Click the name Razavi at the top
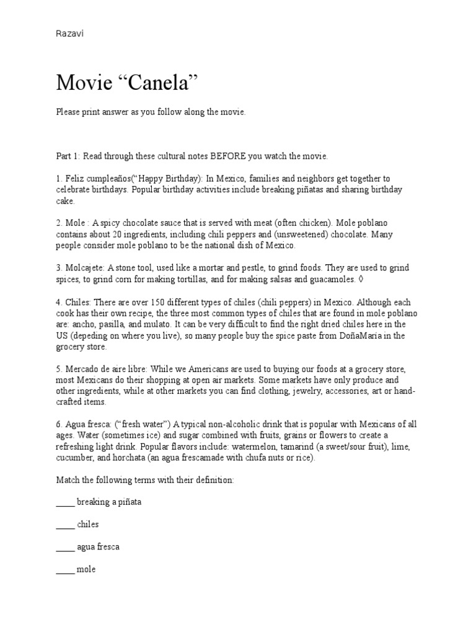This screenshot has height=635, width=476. [69, 33]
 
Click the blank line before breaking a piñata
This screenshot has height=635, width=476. [65, 502]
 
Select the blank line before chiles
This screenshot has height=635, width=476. [65, 524]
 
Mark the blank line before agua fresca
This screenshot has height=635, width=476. [65, 547]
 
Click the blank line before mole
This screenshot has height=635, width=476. [65, 569]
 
